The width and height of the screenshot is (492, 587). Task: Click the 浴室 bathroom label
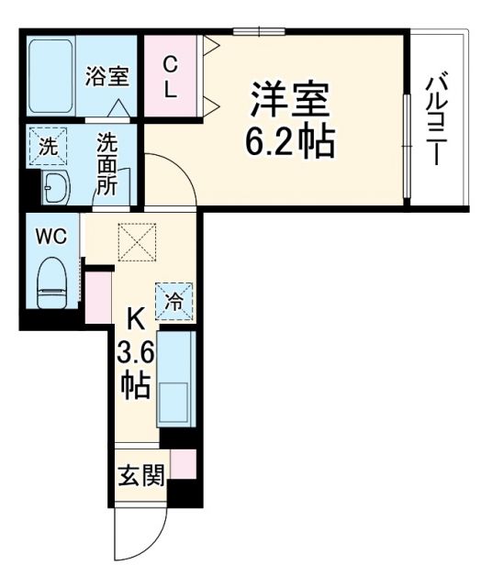click(x=107, y=76)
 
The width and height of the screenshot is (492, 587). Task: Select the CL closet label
click(x=171, y=78)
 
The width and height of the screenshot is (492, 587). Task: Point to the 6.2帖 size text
click(x=288, y=140)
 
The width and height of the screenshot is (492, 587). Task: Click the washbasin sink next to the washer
click(x=55, y=188)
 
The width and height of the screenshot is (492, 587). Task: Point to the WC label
click(x=50, y=237)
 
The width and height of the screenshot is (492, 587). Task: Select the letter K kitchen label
click(x=135, y=320)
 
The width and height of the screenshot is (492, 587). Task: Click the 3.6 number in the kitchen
click(x=135, y=353)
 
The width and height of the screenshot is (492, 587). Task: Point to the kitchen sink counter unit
click(x=175, y=378)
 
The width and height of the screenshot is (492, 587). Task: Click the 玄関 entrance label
click(x=140, y=476)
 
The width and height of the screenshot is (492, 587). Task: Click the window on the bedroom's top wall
click(x=258, y=32)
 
